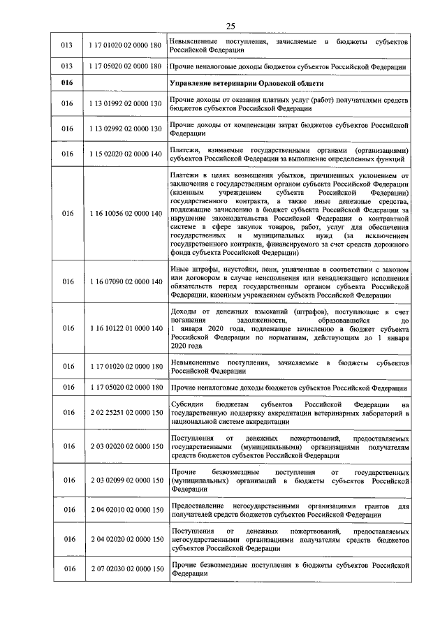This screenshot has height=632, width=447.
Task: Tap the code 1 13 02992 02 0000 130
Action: pos(125,129)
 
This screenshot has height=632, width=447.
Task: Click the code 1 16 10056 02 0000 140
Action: pos(125,214)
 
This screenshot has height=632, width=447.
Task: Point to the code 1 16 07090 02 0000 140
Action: pos(125,281)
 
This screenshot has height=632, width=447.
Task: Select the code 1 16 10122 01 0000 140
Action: pos(125,328)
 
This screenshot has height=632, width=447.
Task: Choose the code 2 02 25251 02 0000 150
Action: pos(125,413)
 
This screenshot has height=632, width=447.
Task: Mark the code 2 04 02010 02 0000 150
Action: pos(125,510)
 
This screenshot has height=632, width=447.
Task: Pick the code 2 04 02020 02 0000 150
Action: pos(125,539)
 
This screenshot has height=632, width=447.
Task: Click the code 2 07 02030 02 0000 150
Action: pos(125,569)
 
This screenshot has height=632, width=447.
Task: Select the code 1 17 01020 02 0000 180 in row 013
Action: pos(125,45)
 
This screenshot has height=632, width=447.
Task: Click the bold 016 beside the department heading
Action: pos(67,84)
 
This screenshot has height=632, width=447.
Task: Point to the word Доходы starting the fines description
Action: pos(184,311)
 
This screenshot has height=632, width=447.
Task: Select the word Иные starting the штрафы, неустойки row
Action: pos(179,269)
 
